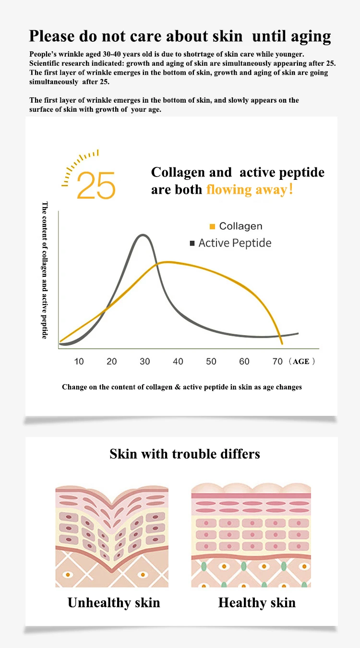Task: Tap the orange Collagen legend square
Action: click(212, 226)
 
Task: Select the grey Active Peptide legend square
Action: click(192, 243)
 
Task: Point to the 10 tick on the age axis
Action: click(79, 361)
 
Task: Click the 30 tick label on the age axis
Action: click(145, 361)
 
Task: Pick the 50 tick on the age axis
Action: click(211, 361)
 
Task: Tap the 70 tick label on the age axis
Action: click(277, 361)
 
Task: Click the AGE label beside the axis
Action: click(301, 362)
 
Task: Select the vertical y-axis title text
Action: click(45, 270)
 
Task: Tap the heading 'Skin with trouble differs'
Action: click(185, 453)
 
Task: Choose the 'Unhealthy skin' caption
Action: click(114, 602)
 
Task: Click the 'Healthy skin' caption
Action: click(257, 602)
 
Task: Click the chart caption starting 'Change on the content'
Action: click(182, 387)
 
